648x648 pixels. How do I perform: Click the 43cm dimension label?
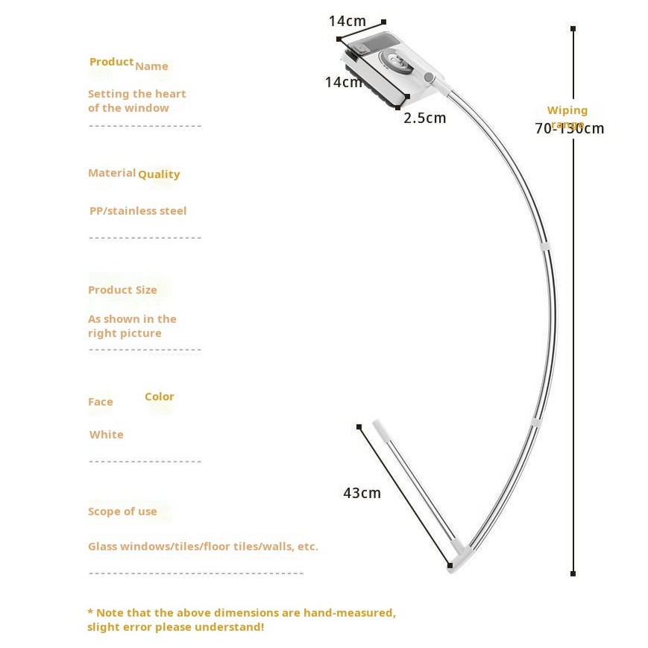click(x=362, y=493)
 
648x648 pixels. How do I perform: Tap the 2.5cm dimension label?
click(x=424, y=118)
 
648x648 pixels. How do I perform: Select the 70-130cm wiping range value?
click(x=569, y=128)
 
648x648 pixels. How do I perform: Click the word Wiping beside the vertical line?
click(x=567, y=110)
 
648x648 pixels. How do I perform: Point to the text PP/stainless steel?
click(x=138, y=211)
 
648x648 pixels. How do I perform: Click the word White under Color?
click(x=107, y=435)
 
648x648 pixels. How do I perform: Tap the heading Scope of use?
click(x=122, y=512)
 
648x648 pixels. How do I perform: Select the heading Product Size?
click(x=122, y=290)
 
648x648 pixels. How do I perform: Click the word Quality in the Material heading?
click(x=159, y=174)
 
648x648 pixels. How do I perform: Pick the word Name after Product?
click(x=151, y=66)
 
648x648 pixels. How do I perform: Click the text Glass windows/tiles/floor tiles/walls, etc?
click(x=203, y=547)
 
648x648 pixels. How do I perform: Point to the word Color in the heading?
click(x=159, y=397)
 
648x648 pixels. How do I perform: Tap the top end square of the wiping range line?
click(x=573, y=29)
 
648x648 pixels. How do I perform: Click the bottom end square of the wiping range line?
click(x=573, y=573)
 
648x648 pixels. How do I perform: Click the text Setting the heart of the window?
click(x=136, y=101)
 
